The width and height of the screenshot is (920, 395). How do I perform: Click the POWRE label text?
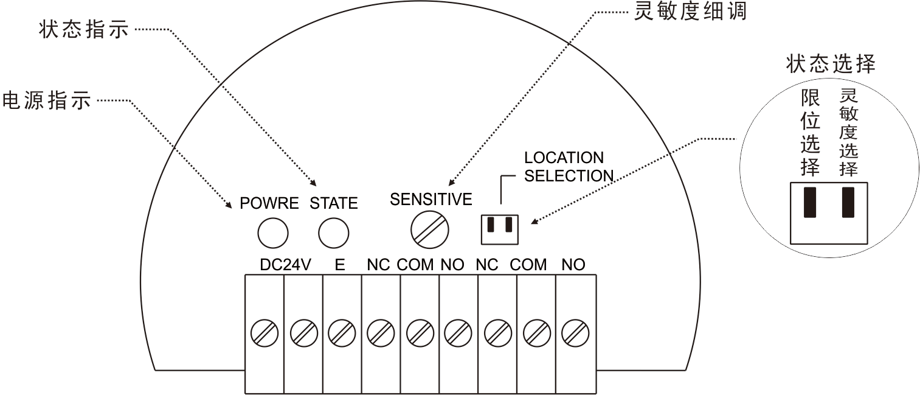(x=269, y=203)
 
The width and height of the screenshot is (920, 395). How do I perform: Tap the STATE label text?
(x=333, y=203)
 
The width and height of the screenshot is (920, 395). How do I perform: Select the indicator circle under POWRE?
(x=273, y=233)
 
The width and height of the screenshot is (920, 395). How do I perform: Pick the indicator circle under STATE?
(x=333, y=233)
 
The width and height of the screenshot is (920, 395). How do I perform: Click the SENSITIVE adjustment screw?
(x=430, y=230)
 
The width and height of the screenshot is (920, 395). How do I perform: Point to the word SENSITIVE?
(x=431, y=200)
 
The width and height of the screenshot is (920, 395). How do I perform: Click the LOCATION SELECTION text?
(x=569, y=167)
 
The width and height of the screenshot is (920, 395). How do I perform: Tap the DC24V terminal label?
(x=285, y=265)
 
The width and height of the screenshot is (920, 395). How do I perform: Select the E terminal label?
(x=340, y=265)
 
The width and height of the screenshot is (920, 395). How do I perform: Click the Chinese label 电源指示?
(x=46, y=100)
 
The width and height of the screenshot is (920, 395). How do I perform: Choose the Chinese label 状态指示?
(x=84, y=29)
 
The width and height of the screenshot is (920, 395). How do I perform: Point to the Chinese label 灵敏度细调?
(x=690, y=11)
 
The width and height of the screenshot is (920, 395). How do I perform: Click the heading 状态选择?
(x=831, y=64)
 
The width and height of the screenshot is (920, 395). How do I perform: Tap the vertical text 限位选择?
(x=811, y=133)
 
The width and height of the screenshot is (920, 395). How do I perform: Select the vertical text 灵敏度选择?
(x=848, y=132)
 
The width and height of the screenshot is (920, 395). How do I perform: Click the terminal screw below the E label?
(x=342, y=332)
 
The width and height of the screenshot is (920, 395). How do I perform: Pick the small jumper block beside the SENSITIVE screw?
(x=499, y=230)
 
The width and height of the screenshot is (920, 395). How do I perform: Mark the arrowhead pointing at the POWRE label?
(x=229, y=205)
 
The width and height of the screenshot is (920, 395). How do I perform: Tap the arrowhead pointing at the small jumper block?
(x=534, y=222)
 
